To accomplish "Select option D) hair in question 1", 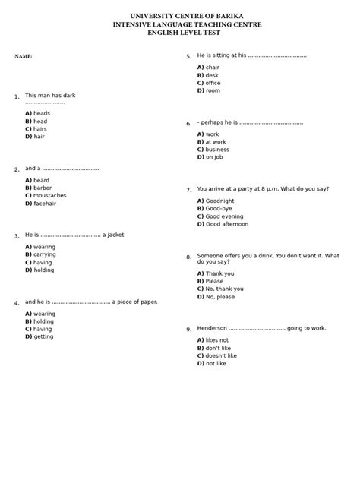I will tap(35, 137).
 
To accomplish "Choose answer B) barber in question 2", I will tap(38, 188).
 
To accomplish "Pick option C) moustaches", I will tap(46, 195).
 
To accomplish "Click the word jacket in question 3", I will tap(115, 235).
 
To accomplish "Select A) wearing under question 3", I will tap(40, 247).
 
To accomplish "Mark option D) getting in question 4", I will tap(39, 336).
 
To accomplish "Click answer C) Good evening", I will tap(220, 216).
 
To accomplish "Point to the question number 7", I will tap(188, 190).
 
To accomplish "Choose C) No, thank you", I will tap(220, 289).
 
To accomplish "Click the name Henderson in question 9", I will tap(212, 328).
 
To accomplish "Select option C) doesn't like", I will tap(217, 355).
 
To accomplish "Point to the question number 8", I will tap(188, 257).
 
